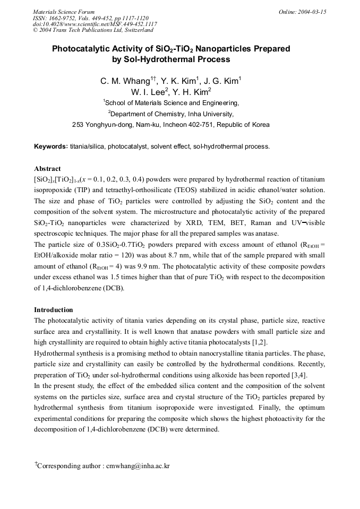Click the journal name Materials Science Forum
pos(64,12)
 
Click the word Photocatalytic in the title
pos(78,49)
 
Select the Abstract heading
pos(47,168)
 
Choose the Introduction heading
pos(54,309)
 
